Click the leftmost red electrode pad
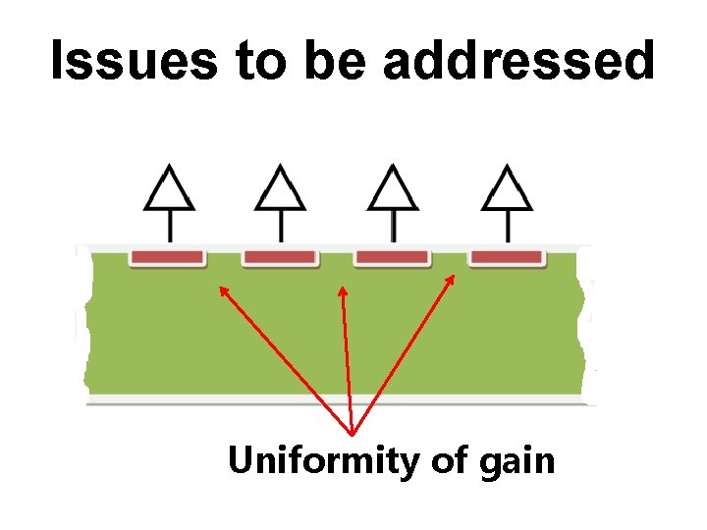point(168,257)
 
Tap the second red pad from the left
point(280,257)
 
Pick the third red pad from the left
point(392,257)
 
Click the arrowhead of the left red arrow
point(223,291)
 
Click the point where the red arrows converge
point(352,433)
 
